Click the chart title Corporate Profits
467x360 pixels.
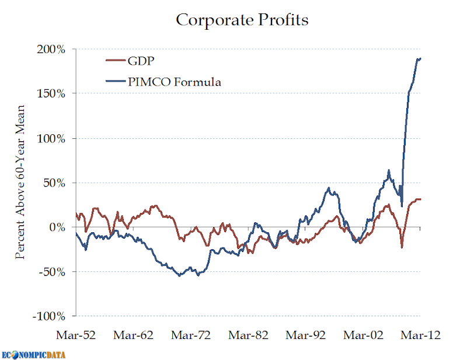tap(242, 20)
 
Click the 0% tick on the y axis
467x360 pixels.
tap(59, 227)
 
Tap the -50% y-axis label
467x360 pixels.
tap(54, 271)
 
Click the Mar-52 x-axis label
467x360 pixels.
tap(76, 336)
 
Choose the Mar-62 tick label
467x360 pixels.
tap(133, 336)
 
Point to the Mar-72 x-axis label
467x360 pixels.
tap(190, 336)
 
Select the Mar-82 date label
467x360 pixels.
tap(248, 336)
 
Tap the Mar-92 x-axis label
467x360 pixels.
tap(305, 336)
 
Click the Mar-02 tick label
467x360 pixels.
tap(363, 336)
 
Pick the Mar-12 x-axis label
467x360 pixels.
tap(420, 336)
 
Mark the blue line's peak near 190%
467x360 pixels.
tap(419, 58)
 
